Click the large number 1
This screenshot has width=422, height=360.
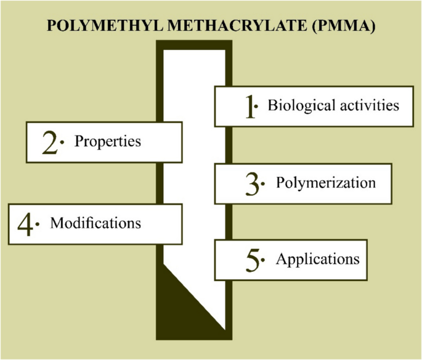(249, 106)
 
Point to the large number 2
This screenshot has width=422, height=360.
(50, 143)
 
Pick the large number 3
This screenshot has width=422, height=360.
(251, 184)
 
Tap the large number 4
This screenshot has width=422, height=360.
(25, 224)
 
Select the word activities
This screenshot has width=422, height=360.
(369, 105)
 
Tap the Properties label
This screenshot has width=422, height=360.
(108, 141)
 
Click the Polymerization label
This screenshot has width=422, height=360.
(325, 182)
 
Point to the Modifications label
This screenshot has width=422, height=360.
(95, 222)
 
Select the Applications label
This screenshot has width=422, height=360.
(317, 259)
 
